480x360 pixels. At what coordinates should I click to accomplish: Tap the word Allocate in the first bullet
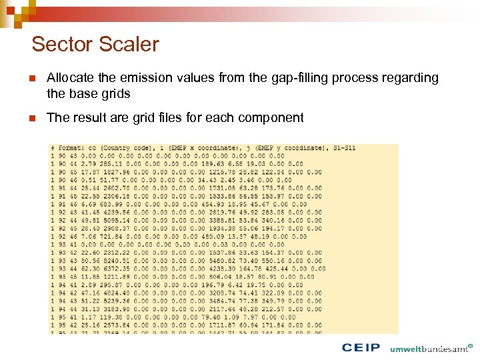(69, 78)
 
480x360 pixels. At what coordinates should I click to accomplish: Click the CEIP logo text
(361, 347)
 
